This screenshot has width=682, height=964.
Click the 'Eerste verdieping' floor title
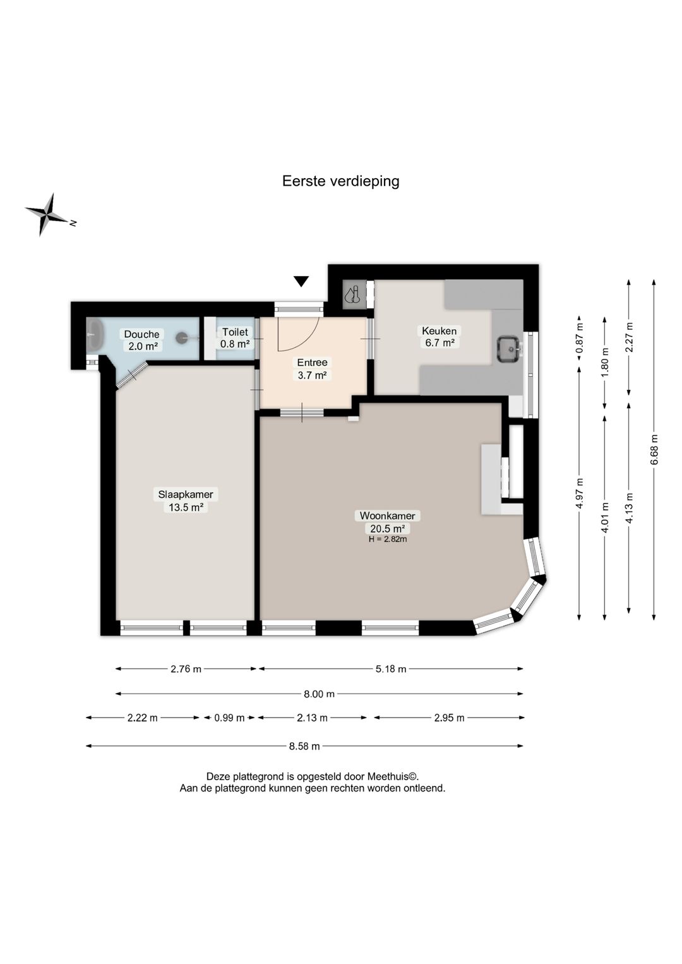(x=340, y=181)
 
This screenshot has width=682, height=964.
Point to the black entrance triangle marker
(x=301, y=282)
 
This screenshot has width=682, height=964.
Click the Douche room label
(x=141, y=340)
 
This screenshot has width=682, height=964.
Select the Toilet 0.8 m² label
(x=235, y=338)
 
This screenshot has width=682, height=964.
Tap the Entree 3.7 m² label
(x=312, y=369)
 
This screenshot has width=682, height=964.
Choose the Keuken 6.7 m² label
(x=440, y=337)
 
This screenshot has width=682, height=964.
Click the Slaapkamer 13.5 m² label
(x=186, y=500)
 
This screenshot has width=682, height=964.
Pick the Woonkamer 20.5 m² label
(x=387, y=521)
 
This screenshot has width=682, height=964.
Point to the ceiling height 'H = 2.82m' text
(x=387, y=539)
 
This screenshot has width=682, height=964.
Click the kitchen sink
(x=509, y=349)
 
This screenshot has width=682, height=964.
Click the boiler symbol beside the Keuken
(x=355, y=295)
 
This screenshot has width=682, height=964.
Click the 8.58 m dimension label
(x=304, y=746)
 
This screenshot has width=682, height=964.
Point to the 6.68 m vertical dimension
(x=654, y=450)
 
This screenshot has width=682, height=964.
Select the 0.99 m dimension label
(x=229, y=718)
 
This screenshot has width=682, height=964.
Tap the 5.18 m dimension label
(x=391, y=669)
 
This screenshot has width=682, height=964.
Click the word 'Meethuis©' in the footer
(x=393, y=777)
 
